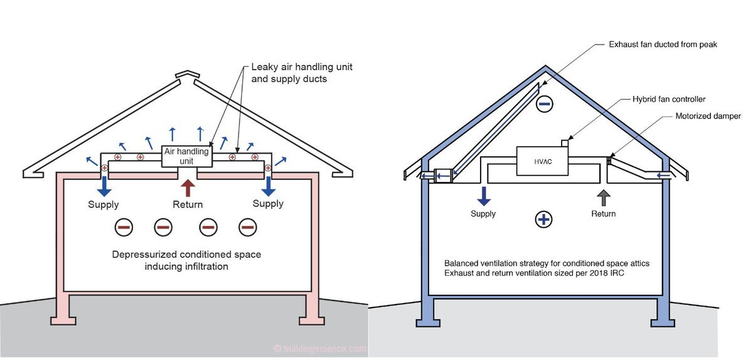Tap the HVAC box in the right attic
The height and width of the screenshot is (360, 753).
tap(542, 162)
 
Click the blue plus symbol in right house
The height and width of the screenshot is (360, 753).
tap(543, 219)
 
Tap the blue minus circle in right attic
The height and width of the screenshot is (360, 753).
tap(543, 103)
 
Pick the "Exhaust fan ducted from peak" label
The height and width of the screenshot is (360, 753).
tap(663, 45)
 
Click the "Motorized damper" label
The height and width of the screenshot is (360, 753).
tap(708, 116)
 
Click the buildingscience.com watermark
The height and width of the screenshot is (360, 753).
tap(320, 349)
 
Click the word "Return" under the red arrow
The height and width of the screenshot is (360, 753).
tap(188, 204)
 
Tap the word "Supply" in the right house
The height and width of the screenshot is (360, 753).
tap(483, 214)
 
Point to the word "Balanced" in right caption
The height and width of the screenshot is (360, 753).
tap(461, 263)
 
